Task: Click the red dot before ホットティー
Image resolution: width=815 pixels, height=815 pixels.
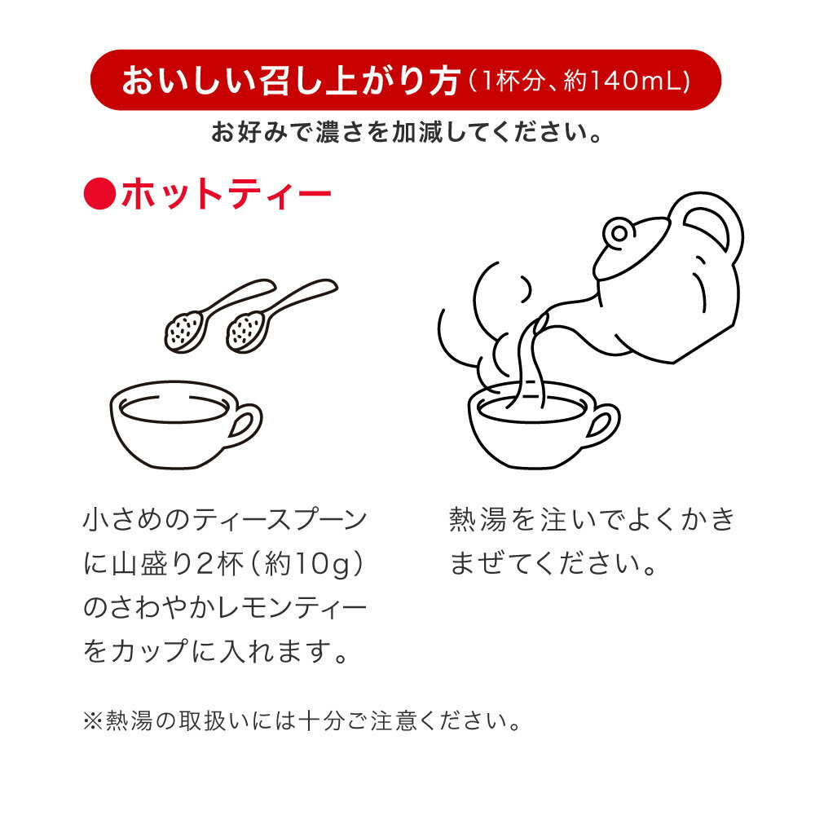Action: (99, 194)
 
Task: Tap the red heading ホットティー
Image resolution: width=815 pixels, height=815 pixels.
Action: (227, 194)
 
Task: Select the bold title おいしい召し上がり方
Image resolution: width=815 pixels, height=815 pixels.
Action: (292, 81)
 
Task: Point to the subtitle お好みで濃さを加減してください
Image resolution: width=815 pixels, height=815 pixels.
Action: (406, 133)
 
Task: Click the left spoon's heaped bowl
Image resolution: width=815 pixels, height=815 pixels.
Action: (184, 331)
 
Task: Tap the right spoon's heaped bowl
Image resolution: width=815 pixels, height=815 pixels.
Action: (246, 331)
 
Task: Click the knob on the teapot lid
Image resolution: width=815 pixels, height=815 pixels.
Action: (619, 233)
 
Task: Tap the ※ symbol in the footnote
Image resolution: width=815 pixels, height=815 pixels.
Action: (93, 721)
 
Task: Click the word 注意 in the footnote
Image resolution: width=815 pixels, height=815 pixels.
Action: (394, 721)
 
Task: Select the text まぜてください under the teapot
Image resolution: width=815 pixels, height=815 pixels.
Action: (553, 564)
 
